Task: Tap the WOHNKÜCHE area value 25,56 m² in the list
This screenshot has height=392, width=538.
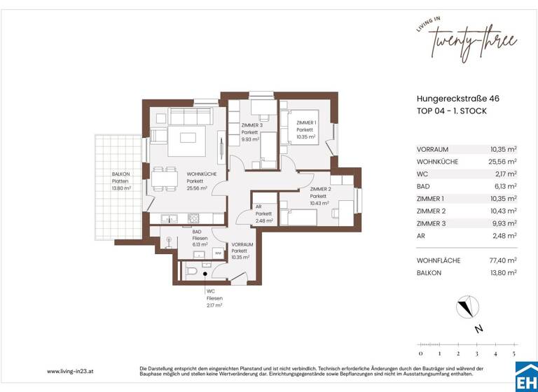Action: point(504,161)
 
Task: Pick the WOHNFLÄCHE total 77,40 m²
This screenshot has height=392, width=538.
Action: point(504,260)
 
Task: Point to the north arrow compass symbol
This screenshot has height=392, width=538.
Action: point(464,306)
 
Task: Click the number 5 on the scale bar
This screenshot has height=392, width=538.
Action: point(514,353)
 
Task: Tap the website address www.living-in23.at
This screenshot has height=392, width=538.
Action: point(71,371)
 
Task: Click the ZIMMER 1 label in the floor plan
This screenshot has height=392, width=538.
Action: point(306,123)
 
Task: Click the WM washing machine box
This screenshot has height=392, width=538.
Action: point(218,253)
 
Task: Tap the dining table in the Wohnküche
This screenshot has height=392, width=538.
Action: point(165,177)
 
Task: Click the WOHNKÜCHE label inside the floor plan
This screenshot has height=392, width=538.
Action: point(201,175)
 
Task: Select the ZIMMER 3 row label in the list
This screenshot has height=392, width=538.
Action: point(432,223)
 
